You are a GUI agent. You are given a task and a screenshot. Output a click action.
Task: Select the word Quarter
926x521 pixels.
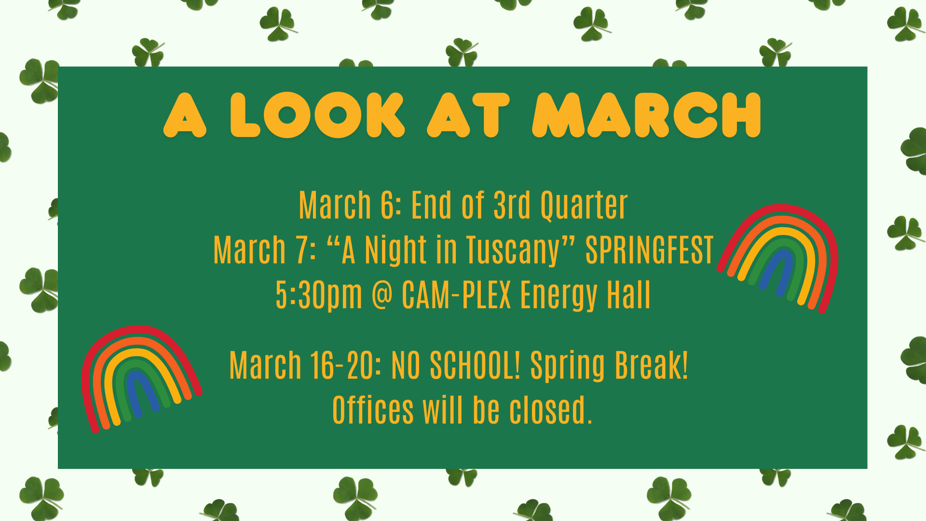pyautogui.click(x=584, y=206)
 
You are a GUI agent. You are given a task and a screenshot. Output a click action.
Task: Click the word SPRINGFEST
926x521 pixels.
pyautogui.click(x=649, y=250)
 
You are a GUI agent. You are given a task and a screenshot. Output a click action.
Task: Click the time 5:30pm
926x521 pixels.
pyautogui.click(x=319, y=295)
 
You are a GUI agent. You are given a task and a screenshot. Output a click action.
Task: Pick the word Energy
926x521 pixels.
pyautogui.click(x=558, y=296)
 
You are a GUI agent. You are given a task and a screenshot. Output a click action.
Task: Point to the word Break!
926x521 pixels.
pyautogui.click(x=652, y=365)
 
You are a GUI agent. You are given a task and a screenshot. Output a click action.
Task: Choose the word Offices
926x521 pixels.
pyautogui.click(x=373, y=410)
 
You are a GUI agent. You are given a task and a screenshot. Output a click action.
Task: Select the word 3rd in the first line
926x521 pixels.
pyautogui.click(x=512, y=206)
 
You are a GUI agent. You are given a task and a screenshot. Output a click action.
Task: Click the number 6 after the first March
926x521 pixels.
pyautogui.click(x=387, y=206)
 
